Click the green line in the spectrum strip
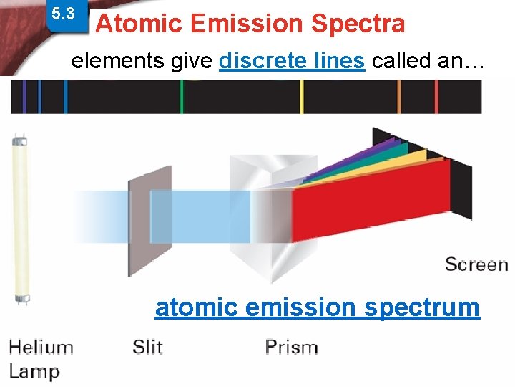(182, 96)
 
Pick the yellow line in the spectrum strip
(301, 96)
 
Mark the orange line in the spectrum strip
(399, 96)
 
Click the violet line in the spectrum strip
(26, 96)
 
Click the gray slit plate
(149, 215)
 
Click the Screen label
(476, 264)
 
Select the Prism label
(291, 348)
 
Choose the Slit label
(147, 348)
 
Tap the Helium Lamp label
(41, 358)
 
